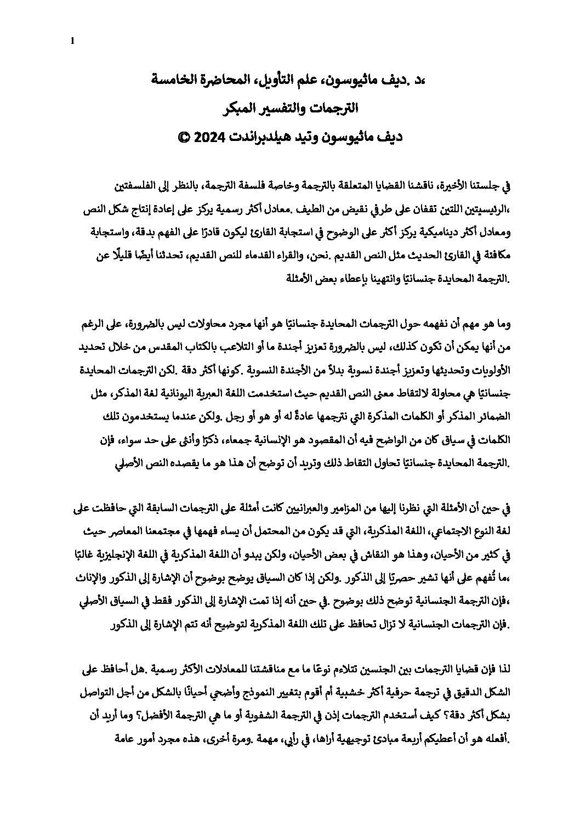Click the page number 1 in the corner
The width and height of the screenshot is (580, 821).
click(72, 40)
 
